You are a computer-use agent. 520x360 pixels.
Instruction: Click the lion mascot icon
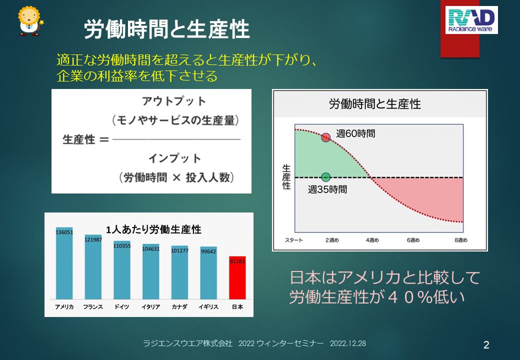(x=30, y=21)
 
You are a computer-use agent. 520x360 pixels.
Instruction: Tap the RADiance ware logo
(x=471, y=20)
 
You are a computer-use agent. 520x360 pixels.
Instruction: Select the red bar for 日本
(x=237, y=278)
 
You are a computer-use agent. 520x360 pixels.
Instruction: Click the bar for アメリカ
(x=64, y=263)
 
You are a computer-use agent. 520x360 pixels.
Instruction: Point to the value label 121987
(x=93, y=239)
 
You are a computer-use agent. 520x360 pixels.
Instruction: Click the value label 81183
(x=237, y=261)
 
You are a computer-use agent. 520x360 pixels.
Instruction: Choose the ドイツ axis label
(x=121, y=307)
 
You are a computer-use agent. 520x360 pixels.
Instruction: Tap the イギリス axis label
(x=208, y=307)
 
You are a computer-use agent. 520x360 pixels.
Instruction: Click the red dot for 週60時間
(x=326, y=137)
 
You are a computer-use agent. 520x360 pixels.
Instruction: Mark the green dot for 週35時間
(x=326, y=177)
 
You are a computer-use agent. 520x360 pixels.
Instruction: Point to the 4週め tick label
(x=372, y=240)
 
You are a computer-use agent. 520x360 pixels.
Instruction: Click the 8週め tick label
(x=460, y=240)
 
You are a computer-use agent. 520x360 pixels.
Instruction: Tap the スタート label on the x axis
(x=294, y=240)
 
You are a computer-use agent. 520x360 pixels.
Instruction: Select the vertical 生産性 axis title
(x=286, y=177)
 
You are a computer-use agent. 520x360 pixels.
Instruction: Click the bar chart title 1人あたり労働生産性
(x=153, y=229)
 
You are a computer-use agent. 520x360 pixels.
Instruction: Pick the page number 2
(x=486, y=345)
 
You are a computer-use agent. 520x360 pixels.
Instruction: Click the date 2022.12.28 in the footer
(x=348, y=343)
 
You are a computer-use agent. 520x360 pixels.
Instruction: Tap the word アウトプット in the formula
(x=174, y=101)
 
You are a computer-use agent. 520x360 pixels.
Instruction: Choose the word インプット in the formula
(x=175, y=158)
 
